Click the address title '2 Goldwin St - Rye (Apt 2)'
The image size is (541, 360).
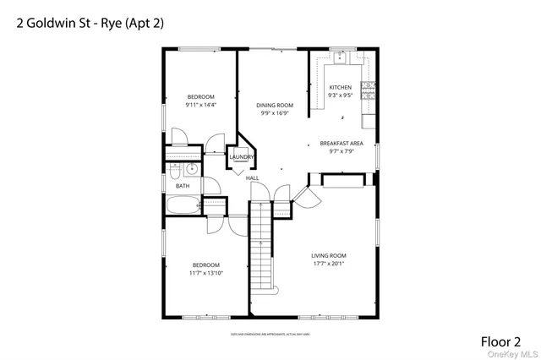click(90, 23)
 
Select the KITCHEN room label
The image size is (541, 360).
click(340, 88)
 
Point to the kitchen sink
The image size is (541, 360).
click(341, 57)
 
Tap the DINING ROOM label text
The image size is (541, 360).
click(275, 106)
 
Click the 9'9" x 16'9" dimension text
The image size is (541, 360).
click(275, 114)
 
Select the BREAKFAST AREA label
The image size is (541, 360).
click(341, 144)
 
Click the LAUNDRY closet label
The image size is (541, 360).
click(241, 157)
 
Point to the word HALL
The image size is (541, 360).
click(252, 178)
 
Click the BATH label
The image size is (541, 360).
click(183, 186)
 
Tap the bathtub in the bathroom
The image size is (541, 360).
click(183, 205)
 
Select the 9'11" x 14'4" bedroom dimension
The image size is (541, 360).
click(201, 105)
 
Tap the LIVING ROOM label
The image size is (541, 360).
click(330, 255)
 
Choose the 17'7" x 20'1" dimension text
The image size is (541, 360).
click(330, 264)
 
